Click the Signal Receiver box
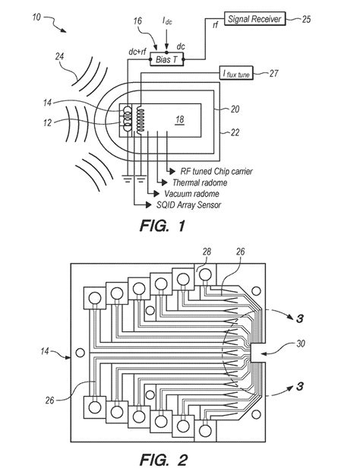(254, 19)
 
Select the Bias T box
(167, 59)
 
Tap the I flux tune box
(236, 73)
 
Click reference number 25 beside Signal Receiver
(306, 19)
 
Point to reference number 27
(273, 73)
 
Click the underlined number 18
(179, 119)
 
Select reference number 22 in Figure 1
(235, 132)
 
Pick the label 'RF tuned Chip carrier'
(216, 172)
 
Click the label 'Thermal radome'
(200, 182)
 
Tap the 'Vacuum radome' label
(191, 194)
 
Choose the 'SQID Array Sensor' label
(188, 204)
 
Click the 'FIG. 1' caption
(162, 226)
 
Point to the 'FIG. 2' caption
(163, 460)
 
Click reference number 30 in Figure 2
(300, 344)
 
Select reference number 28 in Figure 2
(207, 252)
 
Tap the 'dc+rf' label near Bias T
(137, 52)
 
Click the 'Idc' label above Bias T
(167, 21)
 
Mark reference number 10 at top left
(36, 17)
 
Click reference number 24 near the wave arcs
(59, 56)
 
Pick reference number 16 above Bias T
(137, 21)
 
